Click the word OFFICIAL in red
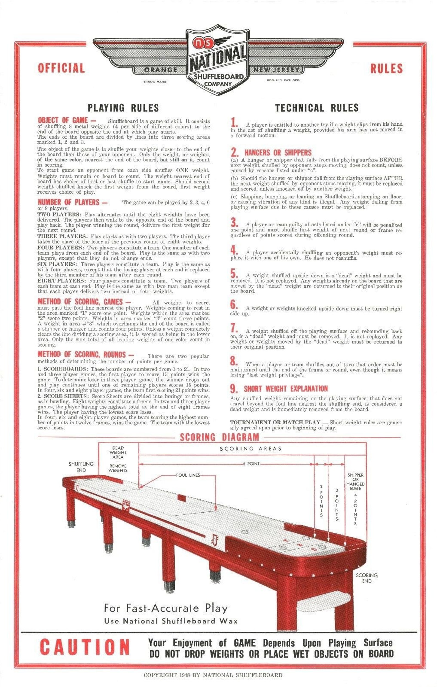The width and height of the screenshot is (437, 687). (61, 68)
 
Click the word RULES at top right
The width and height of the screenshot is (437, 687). (386, 69)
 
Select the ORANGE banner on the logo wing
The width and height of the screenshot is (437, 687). (161, 70)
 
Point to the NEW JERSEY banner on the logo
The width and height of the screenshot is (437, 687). (276, 70)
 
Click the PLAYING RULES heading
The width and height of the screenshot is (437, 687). (123, 108)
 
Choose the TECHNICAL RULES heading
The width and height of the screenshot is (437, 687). (316, 108)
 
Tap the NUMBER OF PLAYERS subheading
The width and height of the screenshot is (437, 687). (72, 202)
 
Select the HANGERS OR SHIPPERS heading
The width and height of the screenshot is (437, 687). (278, 153)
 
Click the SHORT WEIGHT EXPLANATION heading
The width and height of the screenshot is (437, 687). (285, 389)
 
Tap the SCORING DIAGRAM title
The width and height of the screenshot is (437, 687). (219, 437)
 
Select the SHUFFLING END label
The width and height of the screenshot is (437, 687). (81, 467)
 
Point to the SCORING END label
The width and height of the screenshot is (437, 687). (367, 578)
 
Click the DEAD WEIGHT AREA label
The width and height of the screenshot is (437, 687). (118, 452)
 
